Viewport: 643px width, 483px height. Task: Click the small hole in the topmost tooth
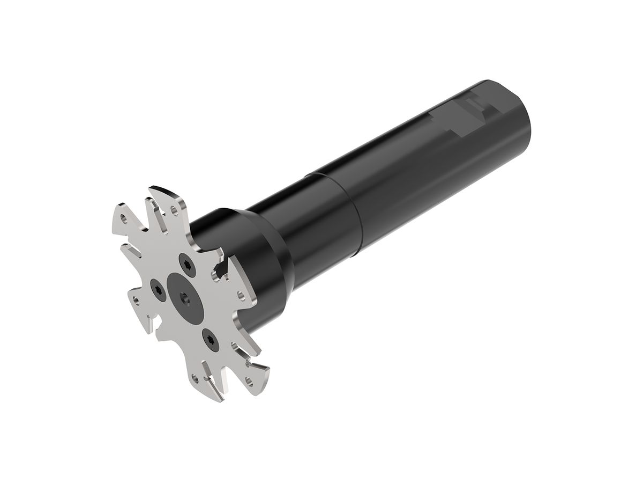click(173, 209)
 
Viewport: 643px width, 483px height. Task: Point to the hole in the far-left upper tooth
click(124, 219)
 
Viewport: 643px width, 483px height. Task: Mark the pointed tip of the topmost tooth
click(151, 188)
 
